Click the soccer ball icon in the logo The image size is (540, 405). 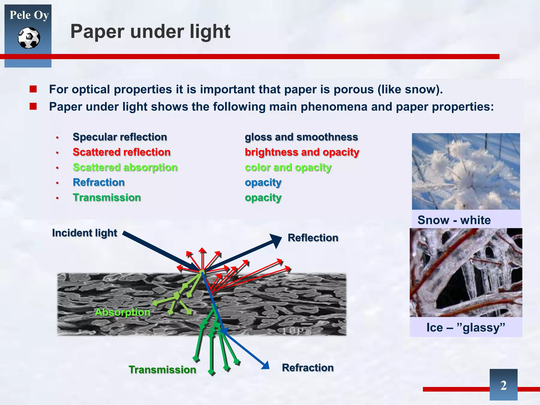pyautogui.click(x=29, y=38)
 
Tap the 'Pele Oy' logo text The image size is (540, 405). pyautogui.click(x=29, y=15)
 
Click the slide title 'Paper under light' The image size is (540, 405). pyautogui.click(x=150, y=32)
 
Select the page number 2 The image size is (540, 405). pyautogui.click(x=503, y=385)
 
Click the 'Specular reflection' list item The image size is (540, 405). pyautogui.click(x=120, y=137)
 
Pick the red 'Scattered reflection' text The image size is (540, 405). pyautogui.click(x=122, y=152)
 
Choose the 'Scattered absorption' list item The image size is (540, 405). pyautogui.click(x=125, y=167)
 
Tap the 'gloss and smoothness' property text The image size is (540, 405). pyautogui.click(x=301, y=137)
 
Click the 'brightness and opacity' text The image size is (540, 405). pyautogui.click(x=302, y=152)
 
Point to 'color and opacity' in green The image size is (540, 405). pyautogui.click(x=288, y=167)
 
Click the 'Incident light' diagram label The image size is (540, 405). pyautogui.click(x=85, y=233)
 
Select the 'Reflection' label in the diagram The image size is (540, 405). pyautogui.click(x=313, y=238)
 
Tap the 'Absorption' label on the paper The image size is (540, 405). pyautogui.click(x=123, y=312)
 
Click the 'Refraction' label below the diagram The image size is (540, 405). pyautogui.click(x=308, y=368)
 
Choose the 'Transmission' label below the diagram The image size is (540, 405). pyautogui.click(x=162, y=370)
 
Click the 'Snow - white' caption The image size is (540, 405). pyautogui.click(x=454, y=220)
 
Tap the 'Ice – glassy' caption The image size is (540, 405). pyautogui.click(x=466, y=327)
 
